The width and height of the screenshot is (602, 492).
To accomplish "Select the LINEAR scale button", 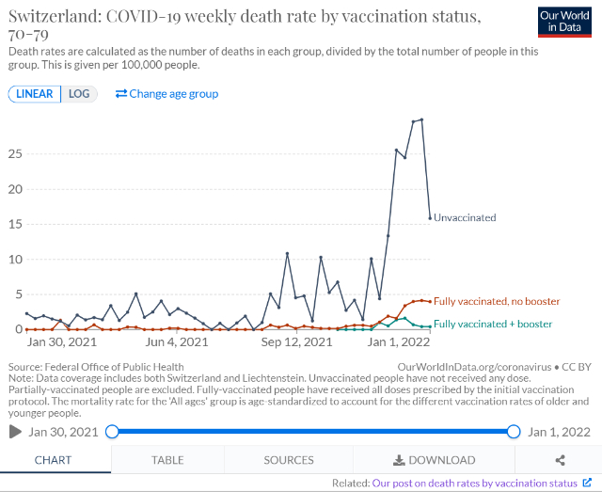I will pyautogui.click(x=35, y=93).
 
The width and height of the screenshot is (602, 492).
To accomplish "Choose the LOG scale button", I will pyautogui.click(x=80, y=93).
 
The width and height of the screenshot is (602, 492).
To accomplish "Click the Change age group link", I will pyautogui.click(x=166, y=93).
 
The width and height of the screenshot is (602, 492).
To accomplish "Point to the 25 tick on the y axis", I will pyautogui.click(x=14, y=153).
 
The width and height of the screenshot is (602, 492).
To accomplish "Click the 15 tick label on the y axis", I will pyautogui.click(x=14, y=224).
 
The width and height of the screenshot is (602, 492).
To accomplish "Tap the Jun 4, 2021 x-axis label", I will pyautogui.click(x=177, y=342).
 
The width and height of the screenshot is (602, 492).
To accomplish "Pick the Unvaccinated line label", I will pyautogui.click(x=465, y=217).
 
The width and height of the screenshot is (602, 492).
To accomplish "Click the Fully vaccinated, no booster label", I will pyautogui.click(x=497, y=301).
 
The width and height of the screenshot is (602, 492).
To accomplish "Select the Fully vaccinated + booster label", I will pyautogui.click(x=493, y=324).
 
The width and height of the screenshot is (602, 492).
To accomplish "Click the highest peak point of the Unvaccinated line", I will pyautogui.click(x=421, y=119).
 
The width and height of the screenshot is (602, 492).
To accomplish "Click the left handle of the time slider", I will pyautogui.click(x=112, y=432).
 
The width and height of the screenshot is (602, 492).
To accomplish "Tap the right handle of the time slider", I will pyautogui.click(x=514, y=432).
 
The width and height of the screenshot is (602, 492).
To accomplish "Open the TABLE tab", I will pyautogui.click(x=167, y=460).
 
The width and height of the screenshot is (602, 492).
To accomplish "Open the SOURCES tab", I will pyautogui.click(x=289, y=460).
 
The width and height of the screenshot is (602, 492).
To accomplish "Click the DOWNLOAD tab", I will pyautogui.click(x=434, y=460).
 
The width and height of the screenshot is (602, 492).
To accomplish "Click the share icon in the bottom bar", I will pyautogui.click(x=561, y=460).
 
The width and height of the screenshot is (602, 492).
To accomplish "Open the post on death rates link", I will pyautogui.click(x=474, y=483).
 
